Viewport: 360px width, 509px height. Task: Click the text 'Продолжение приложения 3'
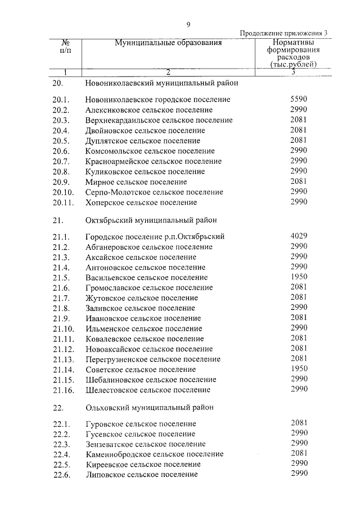(x=283, y=33)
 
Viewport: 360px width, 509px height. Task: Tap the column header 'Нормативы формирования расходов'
(x=293, y=53)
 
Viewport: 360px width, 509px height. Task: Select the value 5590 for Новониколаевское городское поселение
(x=299, y=99)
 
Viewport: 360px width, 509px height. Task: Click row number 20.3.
(x=60, y=120)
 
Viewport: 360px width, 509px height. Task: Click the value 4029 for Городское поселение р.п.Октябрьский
(x=299, y=236)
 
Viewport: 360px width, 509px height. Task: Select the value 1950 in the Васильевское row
(x=299, y=277)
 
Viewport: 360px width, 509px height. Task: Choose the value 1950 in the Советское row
(x=299, y=370)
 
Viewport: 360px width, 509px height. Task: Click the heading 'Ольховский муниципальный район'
(x=150, y=407)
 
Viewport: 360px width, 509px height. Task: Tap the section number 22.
(x=59, y=407)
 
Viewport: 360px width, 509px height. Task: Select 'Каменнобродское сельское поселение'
(x=155, y=454)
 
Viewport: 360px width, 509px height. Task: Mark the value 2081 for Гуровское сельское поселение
(x=299, y=423)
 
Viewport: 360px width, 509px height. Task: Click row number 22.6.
(x=60, y=475)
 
